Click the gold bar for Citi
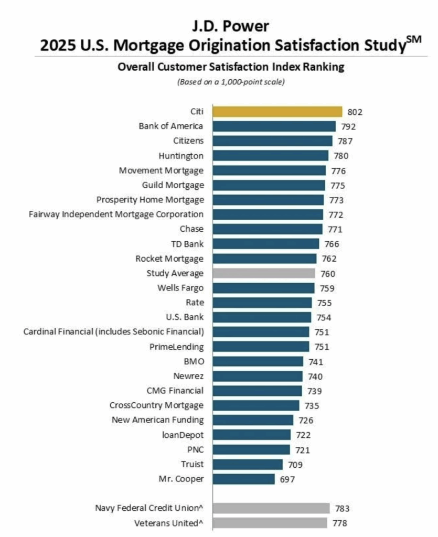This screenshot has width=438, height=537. [277, 112]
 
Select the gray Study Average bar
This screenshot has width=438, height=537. [264, 273]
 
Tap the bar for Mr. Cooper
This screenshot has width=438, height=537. [243, 479]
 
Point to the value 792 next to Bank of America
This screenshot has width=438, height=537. [348, 126]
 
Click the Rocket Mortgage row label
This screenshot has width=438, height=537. [169, 259]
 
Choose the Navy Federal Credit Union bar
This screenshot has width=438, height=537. [271, 508]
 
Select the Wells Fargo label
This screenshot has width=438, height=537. [180, 288]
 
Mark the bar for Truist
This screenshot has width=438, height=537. [248, 464]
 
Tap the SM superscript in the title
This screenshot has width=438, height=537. [414, 40]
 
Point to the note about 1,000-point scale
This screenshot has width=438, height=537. [231, 82]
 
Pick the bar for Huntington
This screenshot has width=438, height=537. [271, 156]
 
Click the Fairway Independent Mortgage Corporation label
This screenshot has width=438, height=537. [116, 214]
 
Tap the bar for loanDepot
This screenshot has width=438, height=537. [251, 435]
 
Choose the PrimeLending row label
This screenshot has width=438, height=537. [177, 347]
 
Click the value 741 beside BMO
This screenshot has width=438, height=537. [316, 361]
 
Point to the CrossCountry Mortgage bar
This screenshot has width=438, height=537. [256, 405]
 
